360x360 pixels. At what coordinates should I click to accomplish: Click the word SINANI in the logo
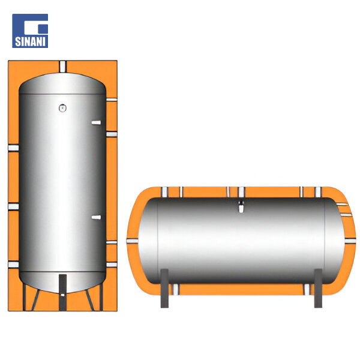[x=30, y=41]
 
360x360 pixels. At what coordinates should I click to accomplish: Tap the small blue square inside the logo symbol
[x=43, y=29]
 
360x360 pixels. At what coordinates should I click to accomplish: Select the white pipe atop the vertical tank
[x=62, y=67]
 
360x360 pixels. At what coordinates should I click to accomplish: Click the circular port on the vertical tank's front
[x=62, y=108]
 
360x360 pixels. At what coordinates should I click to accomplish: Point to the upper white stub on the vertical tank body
[x=96, y=122]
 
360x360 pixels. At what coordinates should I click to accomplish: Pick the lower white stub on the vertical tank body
[x=96, y=217]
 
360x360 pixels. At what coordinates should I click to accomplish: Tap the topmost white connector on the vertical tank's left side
[x=13, y=148]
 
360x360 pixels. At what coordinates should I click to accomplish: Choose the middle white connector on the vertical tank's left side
[x=13, y=206]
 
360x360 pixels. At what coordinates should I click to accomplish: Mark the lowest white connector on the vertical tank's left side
[x=13, y=265]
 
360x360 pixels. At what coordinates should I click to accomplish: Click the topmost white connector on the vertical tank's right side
[x=112, y=100]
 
